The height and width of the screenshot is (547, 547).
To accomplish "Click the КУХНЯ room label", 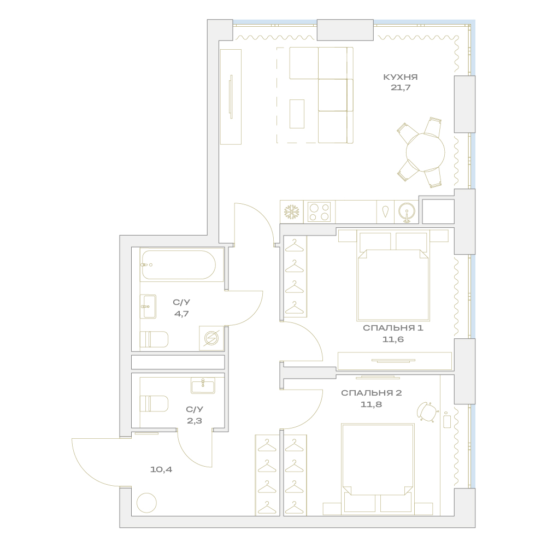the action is click(400, 77).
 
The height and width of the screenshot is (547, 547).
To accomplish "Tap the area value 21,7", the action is click(401, 87).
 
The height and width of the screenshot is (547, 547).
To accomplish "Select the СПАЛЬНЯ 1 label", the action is click(393, 328).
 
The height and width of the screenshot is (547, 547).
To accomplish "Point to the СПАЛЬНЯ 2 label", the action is click(371, 393).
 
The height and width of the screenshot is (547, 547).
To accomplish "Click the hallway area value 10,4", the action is click(161, 469).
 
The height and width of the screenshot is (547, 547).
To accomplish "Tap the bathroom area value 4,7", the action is click(181, 313).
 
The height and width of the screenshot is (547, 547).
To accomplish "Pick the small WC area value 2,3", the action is click(195, 421).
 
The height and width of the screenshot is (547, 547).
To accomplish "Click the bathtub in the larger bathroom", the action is click(178, 265).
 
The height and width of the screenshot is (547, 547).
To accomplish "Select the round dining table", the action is click(425, 152).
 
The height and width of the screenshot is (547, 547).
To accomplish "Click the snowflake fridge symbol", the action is click(292, 212).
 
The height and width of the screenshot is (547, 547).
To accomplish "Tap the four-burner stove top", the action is click(319, 212).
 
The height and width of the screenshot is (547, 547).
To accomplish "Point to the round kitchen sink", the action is click(407, 211).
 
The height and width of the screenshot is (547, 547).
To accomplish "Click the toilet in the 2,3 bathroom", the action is click(154, 404).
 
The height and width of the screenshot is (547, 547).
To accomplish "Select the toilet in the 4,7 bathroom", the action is click(154, 339).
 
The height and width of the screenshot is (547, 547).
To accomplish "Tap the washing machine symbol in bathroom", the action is click(211, 338).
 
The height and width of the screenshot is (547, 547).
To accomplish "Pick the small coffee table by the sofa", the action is click(297, 114).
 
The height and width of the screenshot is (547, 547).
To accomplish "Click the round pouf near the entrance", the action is click(146, 503).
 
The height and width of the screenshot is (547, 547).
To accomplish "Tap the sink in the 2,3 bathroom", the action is click(203, 385).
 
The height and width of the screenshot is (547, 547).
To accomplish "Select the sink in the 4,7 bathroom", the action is click(148, 307).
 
